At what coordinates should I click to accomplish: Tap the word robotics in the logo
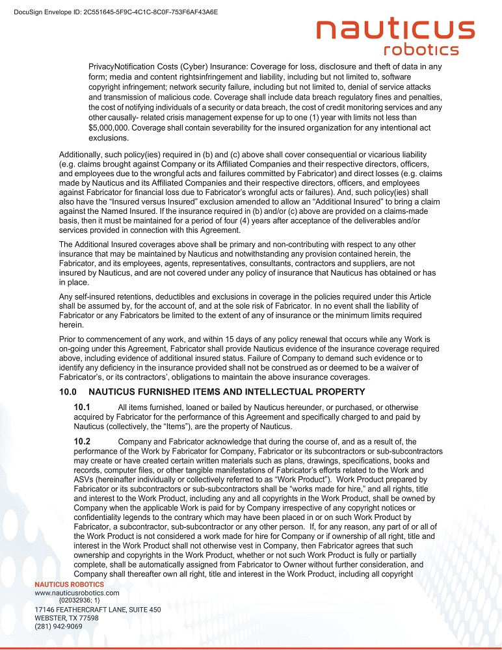click(x=421, y=50)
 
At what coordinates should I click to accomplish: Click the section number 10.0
click(x=68, y=392)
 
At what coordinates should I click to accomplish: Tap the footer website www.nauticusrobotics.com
click(x=77, y=593)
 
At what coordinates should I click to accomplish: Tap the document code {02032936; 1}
click(x=79, y=601)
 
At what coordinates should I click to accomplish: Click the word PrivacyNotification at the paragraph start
click(x=127, y=66)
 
